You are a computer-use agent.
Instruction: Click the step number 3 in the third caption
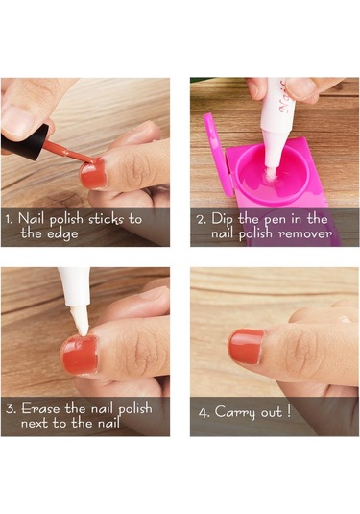pos(10,408)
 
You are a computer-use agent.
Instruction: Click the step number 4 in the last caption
pos(204,413)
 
